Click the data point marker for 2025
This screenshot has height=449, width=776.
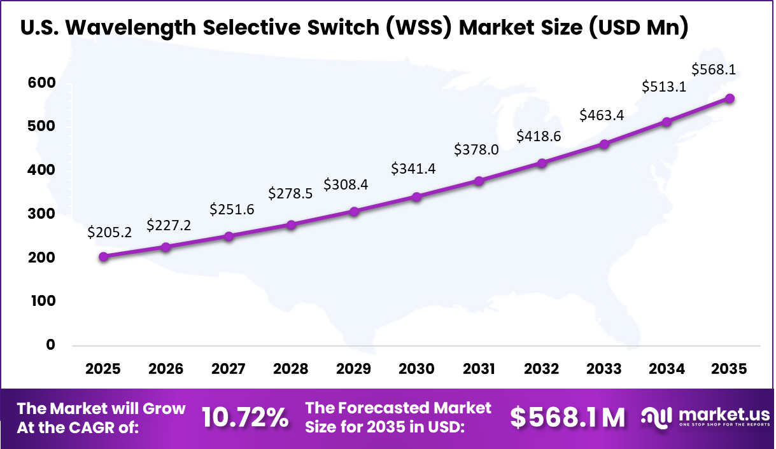[x=104, y=257]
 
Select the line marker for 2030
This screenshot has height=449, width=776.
[x=416, y=197]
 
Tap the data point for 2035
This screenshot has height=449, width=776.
[x=730, y=99]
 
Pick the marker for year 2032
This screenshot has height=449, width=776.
[x=542, y=163]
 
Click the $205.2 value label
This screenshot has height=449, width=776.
[x=110, y=233]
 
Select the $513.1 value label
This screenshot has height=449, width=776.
[x=664, y=86]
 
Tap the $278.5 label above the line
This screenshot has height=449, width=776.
[x=290, y=193]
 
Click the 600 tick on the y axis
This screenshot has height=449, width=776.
[x=41, y=83]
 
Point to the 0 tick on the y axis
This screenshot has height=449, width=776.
[x=50, y=345]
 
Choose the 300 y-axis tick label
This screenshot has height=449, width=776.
[x=41, y=214]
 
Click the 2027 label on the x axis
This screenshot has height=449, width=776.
[x=229, y=370]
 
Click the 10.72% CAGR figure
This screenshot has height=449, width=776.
[x=244, y=418]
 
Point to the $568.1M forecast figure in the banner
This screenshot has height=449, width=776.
[x=568, y=418]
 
